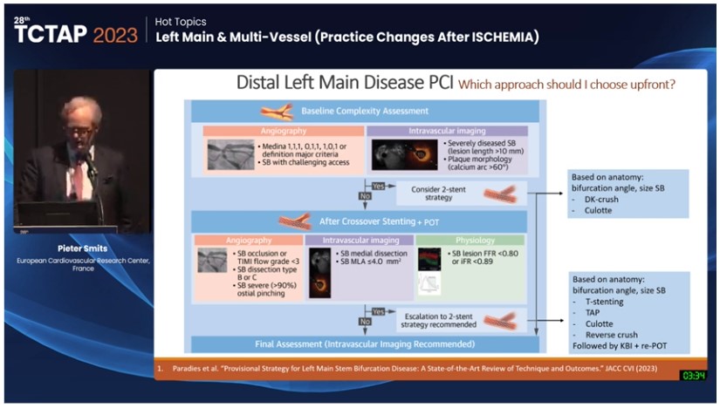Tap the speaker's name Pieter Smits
81,248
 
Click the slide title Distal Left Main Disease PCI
346,85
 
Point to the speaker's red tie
76,180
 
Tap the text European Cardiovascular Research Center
81,260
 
